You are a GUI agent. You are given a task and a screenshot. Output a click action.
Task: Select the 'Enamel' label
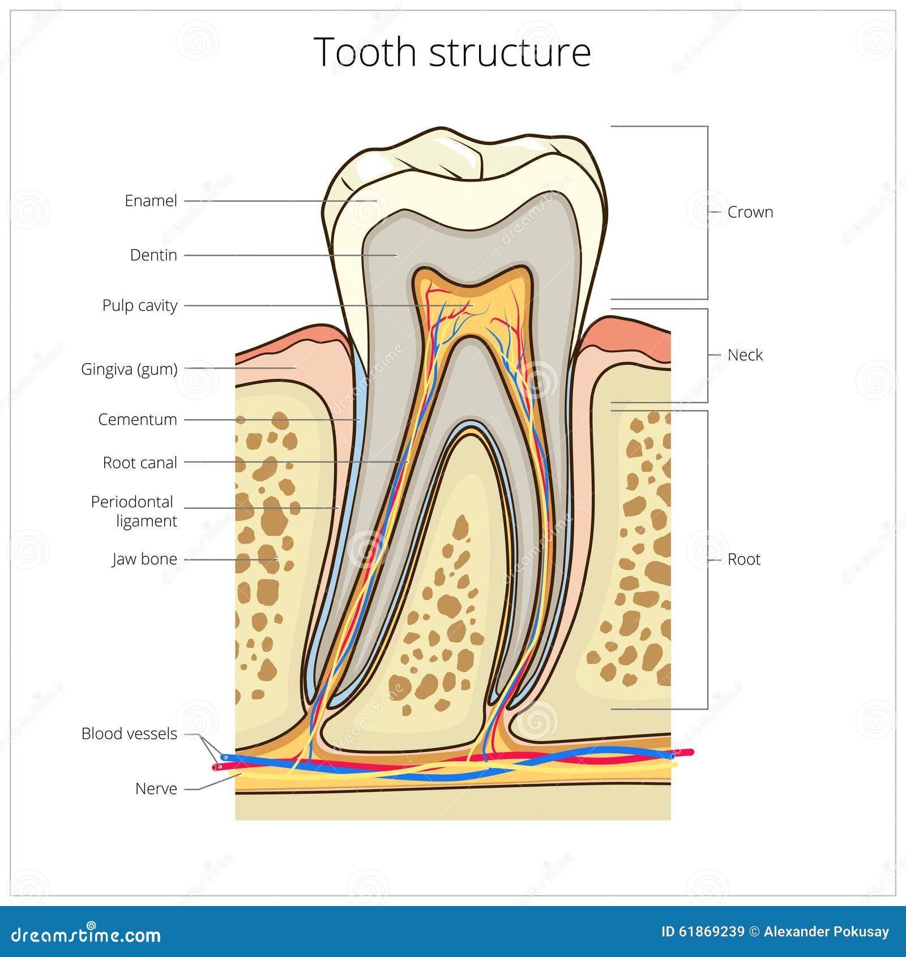151,200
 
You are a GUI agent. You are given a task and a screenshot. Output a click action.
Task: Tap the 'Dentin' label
153,255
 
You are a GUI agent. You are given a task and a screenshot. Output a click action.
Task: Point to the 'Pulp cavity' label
139,305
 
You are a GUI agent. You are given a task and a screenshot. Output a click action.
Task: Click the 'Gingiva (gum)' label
129,369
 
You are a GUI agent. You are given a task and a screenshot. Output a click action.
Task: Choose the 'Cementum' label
138,420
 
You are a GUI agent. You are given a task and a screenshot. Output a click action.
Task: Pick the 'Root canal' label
140,463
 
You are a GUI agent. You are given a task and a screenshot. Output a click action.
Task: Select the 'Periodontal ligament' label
134,511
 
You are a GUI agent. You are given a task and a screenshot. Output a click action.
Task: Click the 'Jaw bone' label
144,559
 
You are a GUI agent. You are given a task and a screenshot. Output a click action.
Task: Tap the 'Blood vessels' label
129,734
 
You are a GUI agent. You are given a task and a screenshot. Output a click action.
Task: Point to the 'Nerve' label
156,789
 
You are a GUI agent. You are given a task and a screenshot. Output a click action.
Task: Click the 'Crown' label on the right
750,212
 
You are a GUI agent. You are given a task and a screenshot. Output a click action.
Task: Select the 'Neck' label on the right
745,355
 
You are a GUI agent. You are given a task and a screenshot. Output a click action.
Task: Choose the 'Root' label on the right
743,559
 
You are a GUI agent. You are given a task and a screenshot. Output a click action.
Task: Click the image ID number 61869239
712,932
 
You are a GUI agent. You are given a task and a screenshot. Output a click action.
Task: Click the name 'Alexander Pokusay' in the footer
826,932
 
